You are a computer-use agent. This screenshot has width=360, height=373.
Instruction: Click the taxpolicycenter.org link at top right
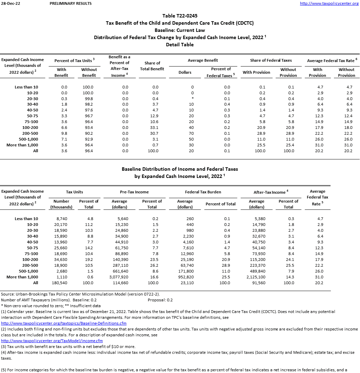coord(329,3)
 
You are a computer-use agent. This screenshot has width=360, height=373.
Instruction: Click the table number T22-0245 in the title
coord(188,16)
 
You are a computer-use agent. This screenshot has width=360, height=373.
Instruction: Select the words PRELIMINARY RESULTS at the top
coord(71,3)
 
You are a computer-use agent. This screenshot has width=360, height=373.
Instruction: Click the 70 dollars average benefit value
coord(191,133)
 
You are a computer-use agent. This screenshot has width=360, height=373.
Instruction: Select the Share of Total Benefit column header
coord(152,66)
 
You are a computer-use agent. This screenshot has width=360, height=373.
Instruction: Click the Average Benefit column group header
coord(203,60)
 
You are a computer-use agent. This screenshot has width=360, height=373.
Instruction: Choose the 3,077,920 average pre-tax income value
coord(119,277)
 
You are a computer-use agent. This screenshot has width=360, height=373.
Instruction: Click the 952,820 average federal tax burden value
coord(185,277)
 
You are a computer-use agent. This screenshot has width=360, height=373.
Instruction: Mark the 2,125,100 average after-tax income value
coord(256,277)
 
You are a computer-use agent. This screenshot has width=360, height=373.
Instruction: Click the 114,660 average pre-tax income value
coord(119,283)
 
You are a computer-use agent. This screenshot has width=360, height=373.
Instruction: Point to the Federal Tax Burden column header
coord(203,192)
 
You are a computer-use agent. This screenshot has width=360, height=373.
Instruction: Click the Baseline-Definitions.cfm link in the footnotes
coord(64,323)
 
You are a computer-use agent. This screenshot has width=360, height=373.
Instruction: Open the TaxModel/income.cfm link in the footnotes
coord(52,341)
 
